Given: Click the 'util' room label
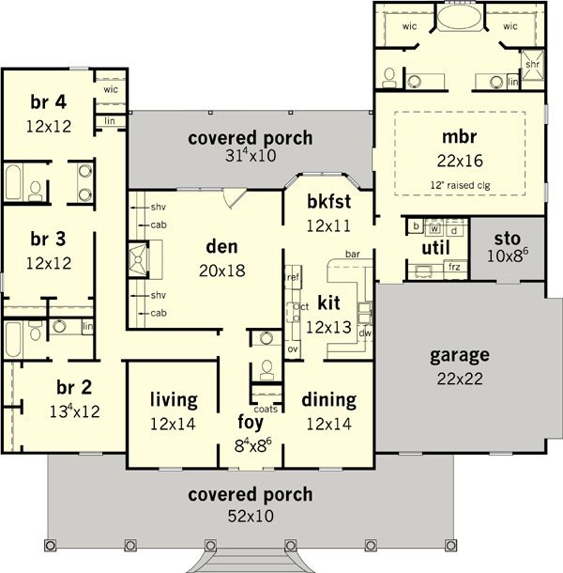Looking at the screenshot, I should pos(434,247).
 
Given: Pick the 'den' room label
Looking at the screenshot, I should pos(222,247).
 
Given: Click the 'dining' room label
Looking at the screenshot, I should pos(328,400).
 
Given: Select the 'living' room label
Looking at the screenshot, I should pos(173,400).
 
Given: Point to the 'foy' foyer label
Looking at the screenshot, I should pos(250,420).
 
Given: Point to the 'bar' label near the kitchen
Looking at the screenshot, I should pos(353,255).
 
